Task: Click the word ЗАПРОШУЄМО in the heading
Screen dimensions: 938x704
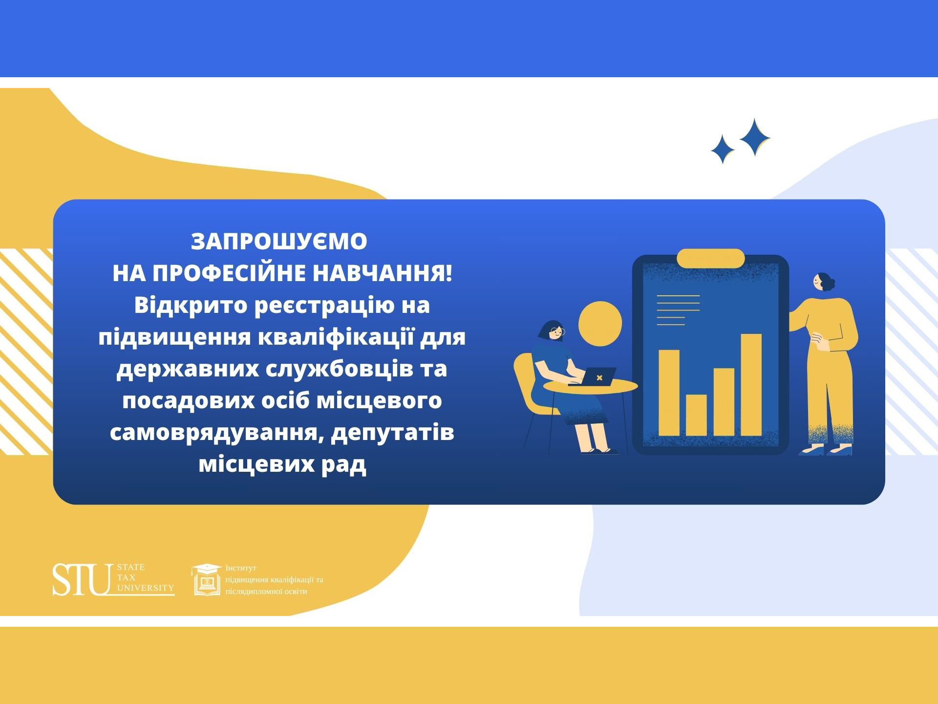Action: coord(279,241)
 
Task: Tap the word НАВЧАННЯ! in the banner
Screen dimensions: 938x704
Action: coord(383,273)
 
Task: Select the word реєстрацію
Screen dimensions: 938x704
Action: coord(324,306)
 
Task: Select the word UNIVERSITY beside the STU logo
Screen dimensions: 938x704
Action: coord(146,588)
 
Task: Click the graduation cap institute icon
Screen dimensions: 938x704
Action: coord(206,580)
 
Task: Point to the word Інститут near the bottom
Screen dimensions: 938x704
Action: coord(241,568)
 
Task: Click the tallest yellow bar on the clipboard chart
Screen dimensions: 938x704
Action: coord(751,385)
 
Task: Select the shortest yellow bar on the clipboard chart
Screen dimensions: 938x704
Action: coord(696,415)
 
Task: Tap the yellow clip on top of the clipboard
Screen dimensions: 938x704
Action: coord(710,258)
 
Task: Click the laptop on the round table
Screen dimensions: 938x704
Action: coord(595,376)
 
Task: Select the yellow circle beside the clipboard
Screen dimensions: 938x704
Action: coord(600,324)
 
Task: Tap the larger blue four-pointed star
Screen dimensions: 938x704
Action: coord(755,137)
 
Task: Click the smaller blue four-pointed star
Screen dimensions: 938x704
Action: coord(723,149)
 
